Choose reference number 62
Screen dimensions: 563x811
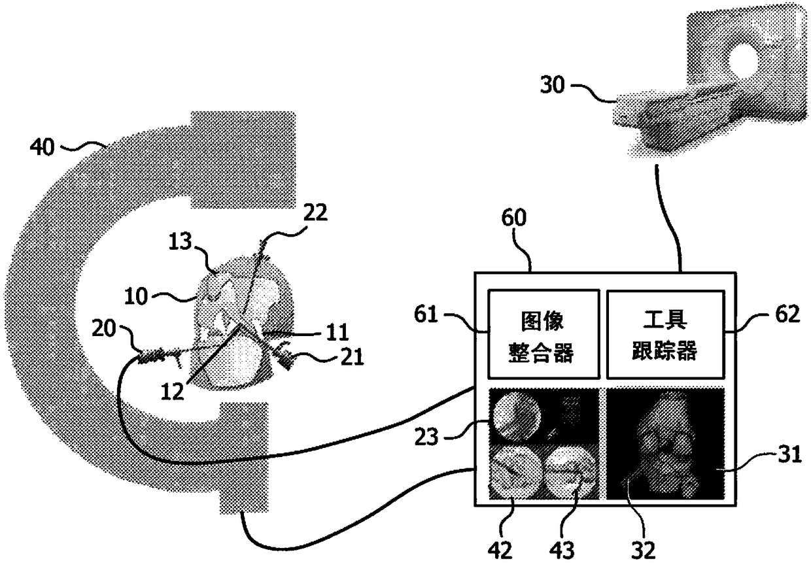[782, 315]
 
